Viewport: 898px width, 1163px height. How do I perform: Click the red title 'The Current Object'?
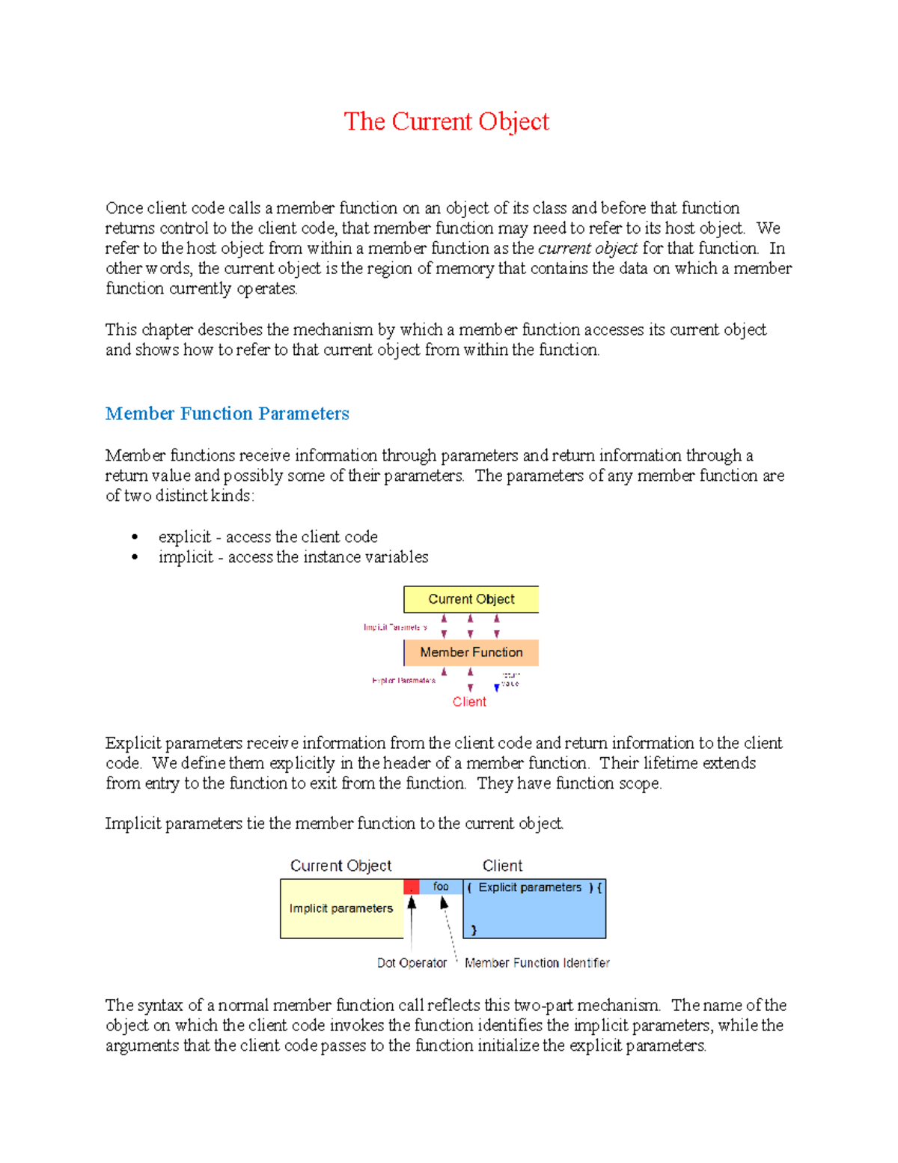pyautogui.click(x=446, y=121)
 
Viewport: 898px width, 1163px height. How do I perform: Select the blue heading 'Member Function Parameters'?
pyautogui.click(x=227, y=413)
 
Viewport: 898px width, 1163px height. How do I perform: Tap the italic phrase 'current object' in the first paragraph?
pyautogui.click(x=587, y=248)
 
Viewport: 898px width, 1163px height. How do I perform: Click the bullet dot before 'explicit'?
pyautogui.click(x=135, y=537)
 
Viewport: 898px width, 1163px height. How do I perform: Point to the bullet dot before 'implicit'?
pyautogui.click(x=135, y=557)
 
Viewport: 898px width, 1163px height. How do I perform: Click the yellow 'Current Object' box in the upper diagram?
pyautogui.click(x=471, y=599)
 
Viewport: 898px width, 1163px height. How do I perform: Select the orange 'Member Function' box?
pyautogui.click(x=471, y=652)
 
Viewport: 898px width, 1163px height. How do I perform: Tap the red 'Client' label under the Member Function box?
pyautogui.click(x=469, y=702)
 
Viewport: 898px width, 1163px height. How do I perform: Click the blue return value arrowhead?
pyautogui.click(x=497, y=687)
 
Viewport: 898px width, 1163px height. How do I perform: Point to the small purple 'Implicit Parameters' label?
pyautogui.click(x=395, y=627)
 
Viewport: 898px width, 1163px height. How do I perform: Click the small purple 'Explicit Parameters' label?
pyautogui.click(x=403, y=681)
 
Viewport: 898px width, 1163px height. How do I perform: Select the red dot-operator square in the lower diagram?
pyautogui.click(x=411, y=887)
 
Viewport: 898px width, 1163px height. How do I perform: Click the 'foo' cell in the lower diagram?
pyautogui.click(x=441, y=887)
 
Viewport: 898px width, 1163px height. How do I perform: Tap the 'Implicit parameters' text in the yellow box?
pyautogui.click(x=340, y=908)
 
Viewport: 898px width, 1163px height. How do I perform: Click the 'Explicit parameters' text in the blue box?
pyautogui.click(x=530, y=887)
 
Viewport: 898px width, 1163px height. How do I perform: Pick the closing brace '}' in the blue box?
pyautogui.click(x=474, y=930)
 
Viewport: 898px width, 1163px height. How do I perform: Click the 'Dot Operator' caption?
pyautogui.click(x=412, y=963)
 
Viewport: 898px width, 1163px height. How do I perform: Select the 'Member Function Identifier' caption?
pyautogui.click(x=537, y=963)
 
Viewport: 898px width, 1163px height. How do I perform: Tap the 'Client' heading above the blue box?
pyautogui.click(x=502, y=866)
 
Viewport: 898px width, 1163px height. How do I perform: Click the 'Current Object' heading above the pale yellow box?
pyautogui.click(x=340, y=866)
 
